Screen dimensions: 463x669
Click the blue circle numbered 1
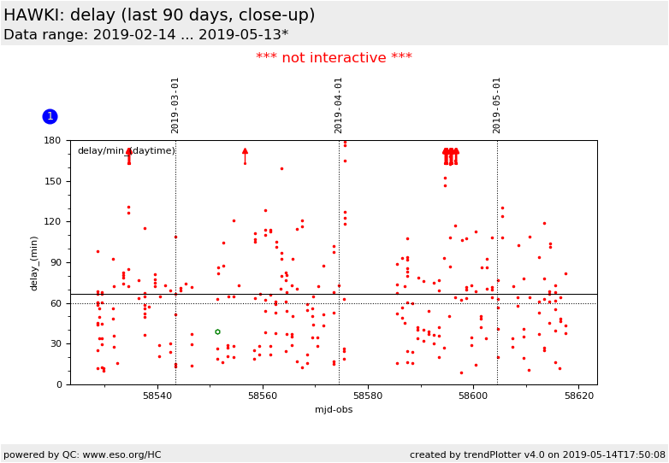(50, 116)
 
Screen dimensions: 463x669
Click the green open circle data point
(217, 331)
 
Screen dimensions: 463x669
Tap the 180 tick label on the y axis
(53, 141)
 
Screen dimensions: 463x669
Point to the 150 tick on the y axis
(53, 181)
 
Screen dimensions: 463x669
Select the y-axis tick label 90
(56, 262)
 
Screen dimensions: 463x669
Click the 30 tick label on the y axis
(56, 343)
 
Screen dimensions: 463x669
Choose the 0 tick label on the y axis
(59, 384)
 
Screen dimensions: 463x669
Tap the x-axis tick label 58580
(368, 396)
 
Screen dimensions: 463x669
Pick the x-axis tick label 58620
(579, 396)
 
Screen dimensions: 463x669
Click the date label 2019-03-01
(175, 105)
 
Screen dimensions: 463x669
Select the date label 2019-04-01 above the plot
(339, 105)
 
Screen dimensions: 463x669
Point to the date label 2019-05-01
(497, 105)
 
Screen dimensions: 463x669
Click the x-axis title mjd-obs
(334, 409)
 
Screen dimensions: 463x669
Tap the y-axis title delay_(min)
(35, 262)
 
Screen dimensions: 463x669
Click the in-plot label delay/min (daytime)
(126, 151)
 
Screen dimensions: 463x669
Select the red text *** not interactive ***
(334, 58)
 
